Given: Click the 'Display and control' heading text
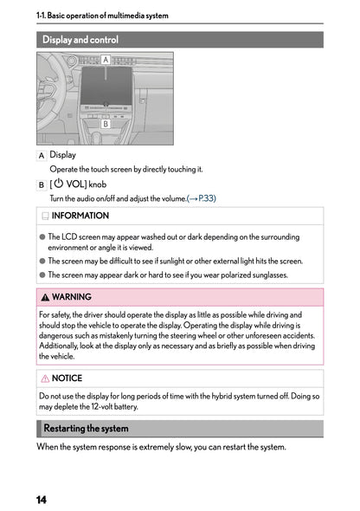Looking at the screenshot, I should click(x=80, y=40).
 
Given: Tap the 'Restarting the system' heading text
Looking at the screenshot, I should click(x=86, y=428).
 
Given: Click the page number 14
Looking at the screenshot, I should click(x=42, y=501).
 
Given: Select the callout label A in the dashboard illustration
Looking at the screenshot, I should click(x=106, y=60).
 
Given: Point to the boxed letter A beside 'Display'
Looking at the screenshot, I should click(x=42, y=155).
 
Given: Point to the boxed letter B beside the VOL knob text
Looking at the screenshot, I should click(x=42, y=184).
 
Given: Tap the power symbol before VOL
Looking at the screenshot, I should click(x=58, y=184).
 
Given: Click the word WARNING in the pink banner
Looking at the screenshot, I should click(x=72, y=297).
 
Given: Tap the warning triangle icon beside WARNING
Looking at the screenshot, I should click(x=45, y=297).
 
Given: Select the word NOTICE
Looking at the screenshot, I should click(x=67, y=378).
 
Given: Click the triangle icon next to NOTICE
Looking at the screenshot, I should click(x=45, y=378).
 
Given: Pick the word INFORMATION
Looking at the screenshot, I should click(x=80, y=216).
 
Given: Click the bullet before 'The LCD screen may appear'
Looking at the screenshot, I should click(x=42, y=236).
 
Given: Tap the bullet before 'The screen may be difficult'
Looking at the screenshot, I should click(x=42, y=260).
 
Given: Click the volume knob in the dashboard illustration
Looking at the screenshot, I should click(x=106, y=110).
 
